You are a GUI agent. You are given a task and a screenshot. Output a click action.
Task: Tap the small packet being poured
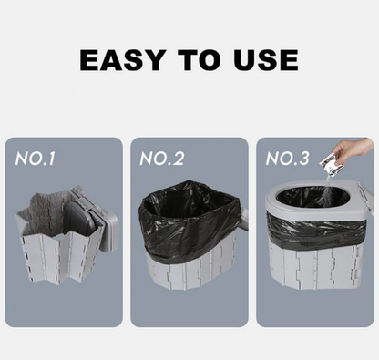pyautogui.click(x=333, y=166)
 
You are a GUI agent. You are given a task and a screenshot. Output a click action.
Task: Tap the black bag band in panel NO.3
pyautogui.click(x=314, y=232)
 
